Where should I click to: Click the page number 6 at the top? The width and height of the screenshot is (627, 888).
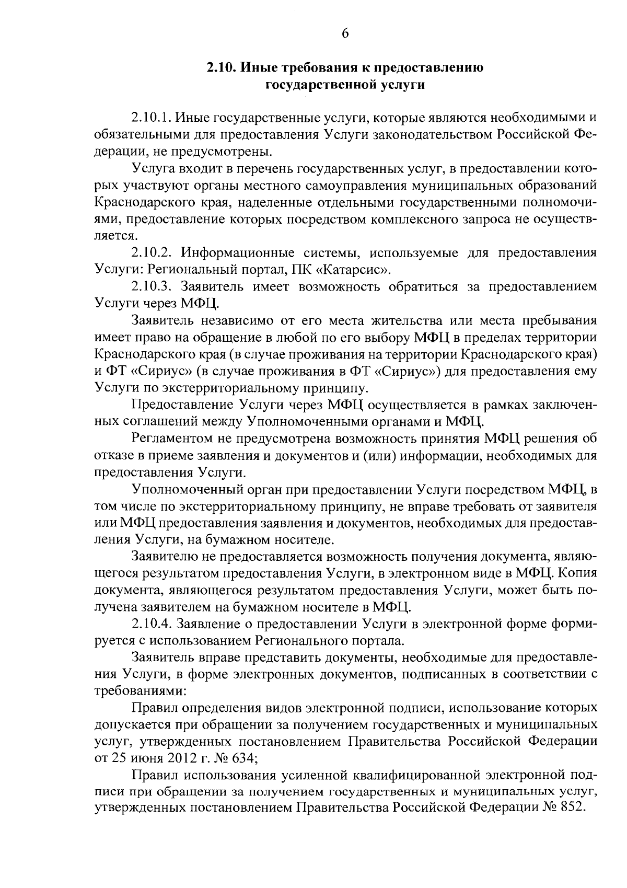(345, 33)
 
